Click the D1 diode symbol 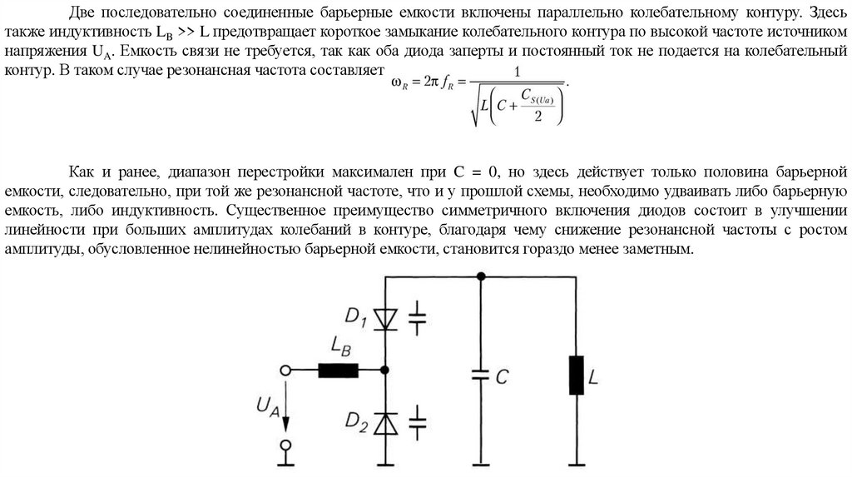(x=385, y=317)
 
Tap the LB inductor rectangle (x=339, y=371)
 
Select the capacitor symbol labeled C (x=480, y=376)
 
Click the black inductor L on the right (x=574, y=375)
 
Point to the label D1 (x=354, y=316)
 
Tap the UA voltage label (x=264, y=406)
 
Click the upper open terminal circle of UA (x=286, y=371)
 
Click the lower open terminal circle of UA (x=286, y=447)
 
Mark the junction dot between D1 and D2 (x=385, y=371)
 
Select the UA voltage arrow (x=286, y=408)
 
